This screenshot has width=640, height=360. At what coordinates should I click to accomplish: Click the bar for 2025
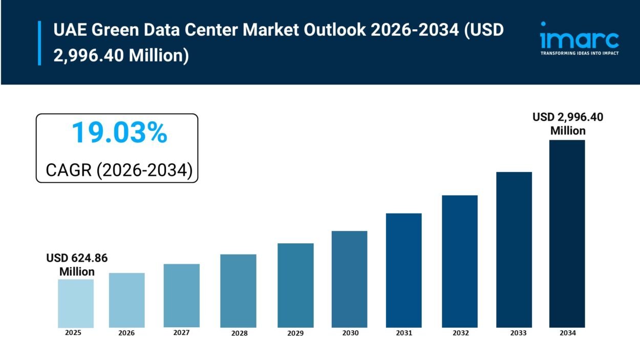[x=75, y=303]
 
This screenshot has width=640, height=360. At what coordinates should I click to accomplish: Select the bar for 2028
[x=238, y=291]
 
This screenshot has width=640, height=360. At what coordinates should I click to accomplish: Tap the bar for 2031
[x=403, y=270]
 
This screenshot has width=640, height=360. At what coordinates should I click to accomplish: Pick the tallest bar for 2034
[x=567, y=234]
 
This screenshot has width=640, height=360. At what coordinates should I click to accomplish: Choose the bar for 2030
[x=349, y=279]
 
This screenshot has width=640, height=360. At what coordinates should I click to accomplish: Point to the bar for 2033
[x=514, y=249]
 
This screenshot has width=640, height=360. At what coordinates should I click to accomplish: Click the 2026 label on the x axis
[x=126, y=333]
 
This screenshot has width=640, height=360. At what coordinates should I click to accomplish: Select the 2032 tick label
[x=460, y=333]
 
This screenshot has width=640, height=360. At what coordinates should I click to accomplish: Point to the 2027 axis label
[x=181, y=333]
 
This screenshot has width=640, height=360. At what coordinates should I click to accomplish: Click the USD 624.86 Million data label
[x=77, y=265]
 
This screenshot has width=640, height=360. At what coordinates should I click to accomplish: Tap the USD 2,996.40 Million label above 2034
[x=568, y=124]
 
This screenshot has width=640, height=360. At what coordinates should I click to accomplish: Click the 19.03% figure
[x=119, y=133]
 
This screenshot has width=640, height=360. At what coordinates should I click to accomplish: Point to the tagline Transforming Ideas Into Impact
[x=579, y=53]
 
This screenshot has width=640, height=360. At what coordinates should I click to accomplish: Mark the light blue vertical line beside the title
[x=39, y=43]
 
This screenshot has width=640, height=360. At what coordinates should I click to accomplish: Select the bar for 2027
[x=182, y=295]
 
